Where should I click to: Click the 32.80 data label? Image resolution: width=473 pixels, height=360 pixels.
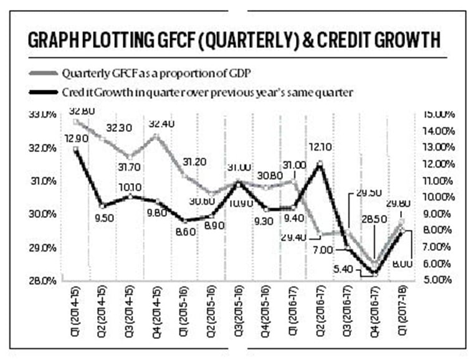tap(82, 111)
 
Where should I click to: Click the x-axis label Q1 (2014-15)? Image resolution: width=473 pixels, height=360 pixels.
tap(77, 310)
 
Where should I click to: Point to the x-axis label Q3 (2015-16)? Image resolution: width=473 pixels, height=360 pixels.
tap(239, 310)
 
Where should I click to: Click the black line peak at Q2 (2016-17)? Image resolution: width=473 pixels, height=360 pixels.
tap(320, 163)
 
